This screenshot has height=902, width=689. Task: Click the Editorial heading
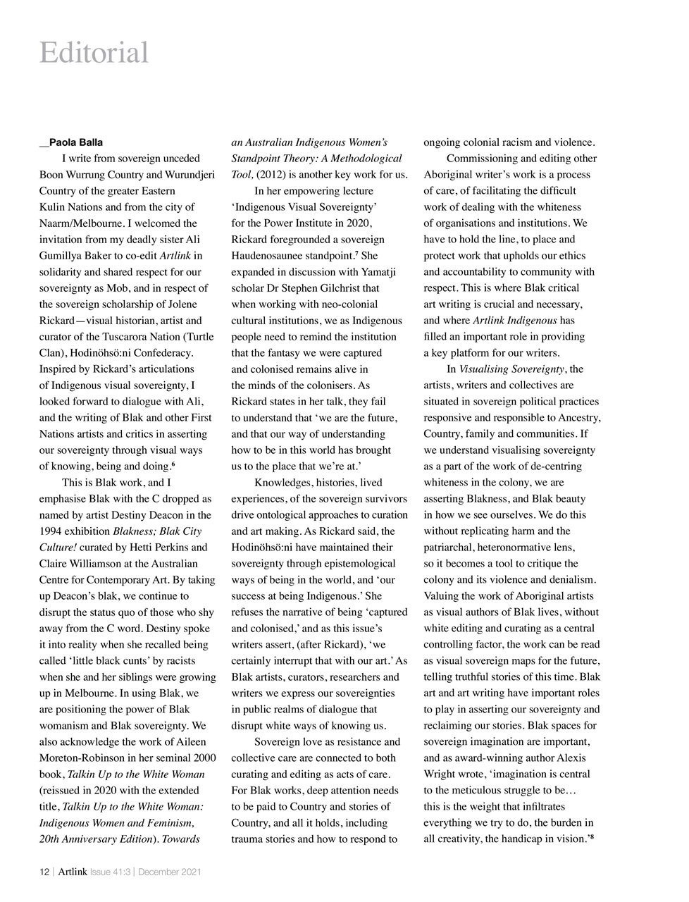click(94, 53)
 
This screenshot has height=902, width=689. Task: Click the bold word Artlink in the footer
click(73, 872)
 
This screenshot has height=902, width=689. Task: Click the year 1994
click(51, 531)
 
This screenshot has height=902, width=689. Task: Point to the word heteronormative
click(524, 548)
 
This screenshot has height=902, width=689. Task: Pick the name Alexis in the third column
click(580, 758)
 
